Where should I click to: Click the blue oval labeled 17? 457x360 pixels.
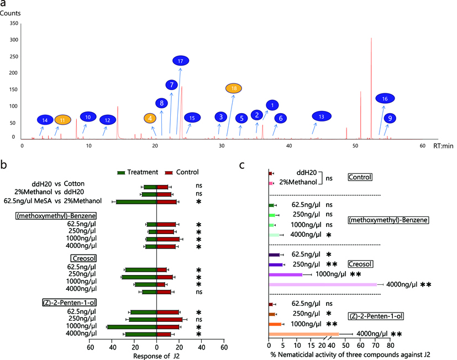(x=181, y=61)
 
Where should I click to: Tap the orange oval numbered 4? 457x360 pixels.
(x=150, y=118)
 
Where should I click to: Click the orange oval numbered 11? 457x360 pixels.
(x=62, y=120)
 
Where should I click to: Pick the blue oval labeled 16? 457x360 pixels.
(x=385, y=99)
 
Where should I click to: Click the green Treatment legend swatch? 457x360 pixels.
(x=122, y=172)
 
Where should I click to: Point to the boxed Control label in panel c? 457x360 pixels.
(x=360, y=177)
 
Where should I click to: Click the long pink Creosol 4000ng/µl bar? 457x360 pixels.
(x=323, y=285)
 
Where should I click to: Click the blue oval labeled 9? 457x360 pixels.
(x=390, y=118)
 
